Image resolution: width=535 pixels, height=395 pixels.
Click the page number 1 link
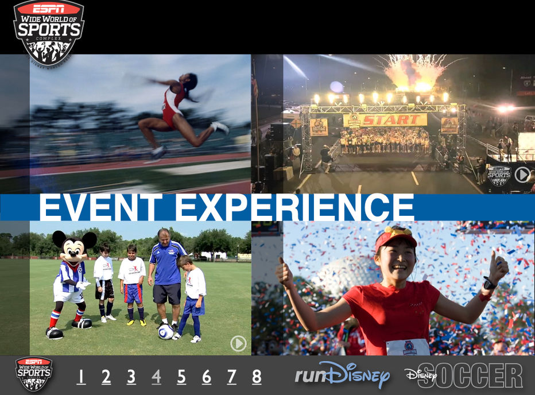[x=81, y=377]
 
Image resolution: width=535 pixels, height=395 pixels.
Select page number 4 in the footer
[x=156, y=377]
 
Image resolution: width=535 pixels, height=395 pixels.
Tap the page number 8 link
[x=257, y=377]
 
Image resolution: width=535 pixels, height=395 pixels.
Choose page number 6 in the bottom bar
[x=206, y=377]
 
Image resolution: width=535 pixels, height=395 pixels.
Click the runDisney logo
[x=342, y=375]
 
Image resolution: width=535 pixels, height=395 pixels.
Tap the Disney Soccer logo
[x=464, y=375]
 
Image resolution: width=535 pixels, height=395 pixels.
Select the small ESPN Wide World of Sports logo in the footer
[x=33, y=374]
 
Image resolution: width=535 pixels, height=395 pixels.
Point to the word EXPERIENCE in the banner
[x=294, y=207]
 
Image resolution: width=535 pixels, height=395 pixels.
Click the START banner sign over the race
[x=385, y=120]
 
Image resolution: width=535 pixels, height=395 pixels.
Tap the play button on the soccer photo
[x=238, y=343]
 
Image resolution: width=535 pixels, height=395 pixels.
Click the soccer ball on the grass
[x=166, y=332]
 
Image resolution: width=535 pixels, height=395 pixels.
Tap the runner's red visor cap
[x=395, y=235]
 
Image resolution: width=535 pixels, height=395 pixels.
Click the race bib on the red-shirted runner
[x=408, y=347]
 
